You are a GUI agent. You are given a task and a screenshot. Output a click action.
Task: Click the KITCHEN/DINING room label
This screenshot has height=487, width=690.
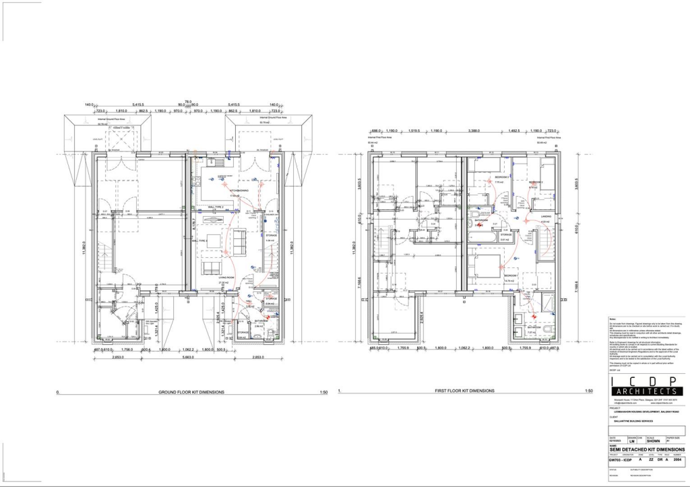click(239, 190)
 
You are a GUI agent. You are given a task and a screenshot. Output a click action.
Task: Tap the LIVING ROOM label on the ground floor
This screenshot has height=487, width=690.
click(226, 277)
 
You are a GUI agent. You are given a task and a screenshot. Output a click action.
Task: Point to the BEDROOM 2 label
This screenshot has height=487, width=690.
click(536, 182)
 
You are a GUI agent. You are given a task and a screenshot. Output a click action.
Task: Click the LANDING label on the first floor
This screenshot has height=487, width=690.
click(546, 216)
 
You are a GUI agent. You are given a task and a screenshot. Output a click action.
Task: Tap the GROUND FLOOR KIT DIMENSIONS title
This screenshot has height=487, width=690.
click(191, 391)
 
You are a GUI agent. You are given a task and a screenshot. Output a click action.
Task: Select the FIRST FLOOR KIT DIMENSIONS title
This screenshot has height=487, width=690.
click(462, 391)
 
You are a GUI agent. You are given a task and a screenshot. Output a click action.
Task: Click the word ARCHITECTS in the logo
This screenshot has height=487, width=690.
click(648, 391)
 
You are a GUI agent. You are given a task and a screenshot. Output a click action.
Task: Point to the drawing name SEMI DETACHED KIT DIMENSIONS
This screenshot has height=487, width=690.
click(647, 449)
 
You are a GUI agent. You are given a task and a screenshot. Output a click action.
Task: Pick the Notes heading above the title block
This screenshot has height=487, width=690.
click(613, 319)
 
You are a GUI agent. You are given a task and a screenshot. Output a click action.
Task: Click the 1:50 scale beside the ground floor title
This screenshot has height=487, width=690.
click(323, 391)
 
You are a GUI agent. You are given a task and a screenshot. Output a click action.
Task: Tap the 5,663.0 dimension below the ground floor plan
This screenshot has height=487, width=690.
click(193, 357)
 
